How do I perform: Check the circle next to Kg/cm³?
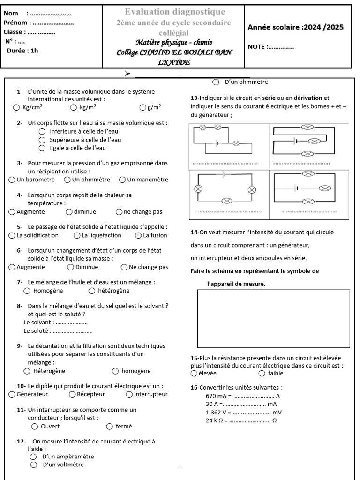click(16, 107)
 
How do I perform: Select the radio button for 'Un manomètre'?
click(122, 180)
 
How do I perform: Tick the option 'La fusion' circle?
click(138, 235)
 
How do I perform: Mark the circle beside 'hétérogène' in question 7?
click(92, 291)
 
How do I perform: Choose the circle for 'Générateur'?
click(12, 394)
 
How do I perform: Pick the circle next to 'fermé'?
click(110, 426)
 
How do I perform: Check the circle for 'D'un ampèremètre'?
click(33, 457)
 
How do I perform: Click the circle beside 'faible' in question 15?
click(262, 374)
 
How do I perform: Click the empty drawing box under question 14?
click(273, 319)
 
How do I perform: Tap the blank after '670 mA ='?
click(254, 396)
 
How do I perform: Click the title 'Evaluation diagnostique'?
click(174, 12)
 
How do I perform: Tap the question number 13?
click(195, 98)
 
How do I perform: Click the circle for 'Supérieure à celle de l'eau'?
click(42, 140)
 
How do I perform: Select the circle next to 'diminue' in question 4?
click(69, 212)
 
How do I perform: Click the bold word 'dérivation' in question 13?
click(308, 98)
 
